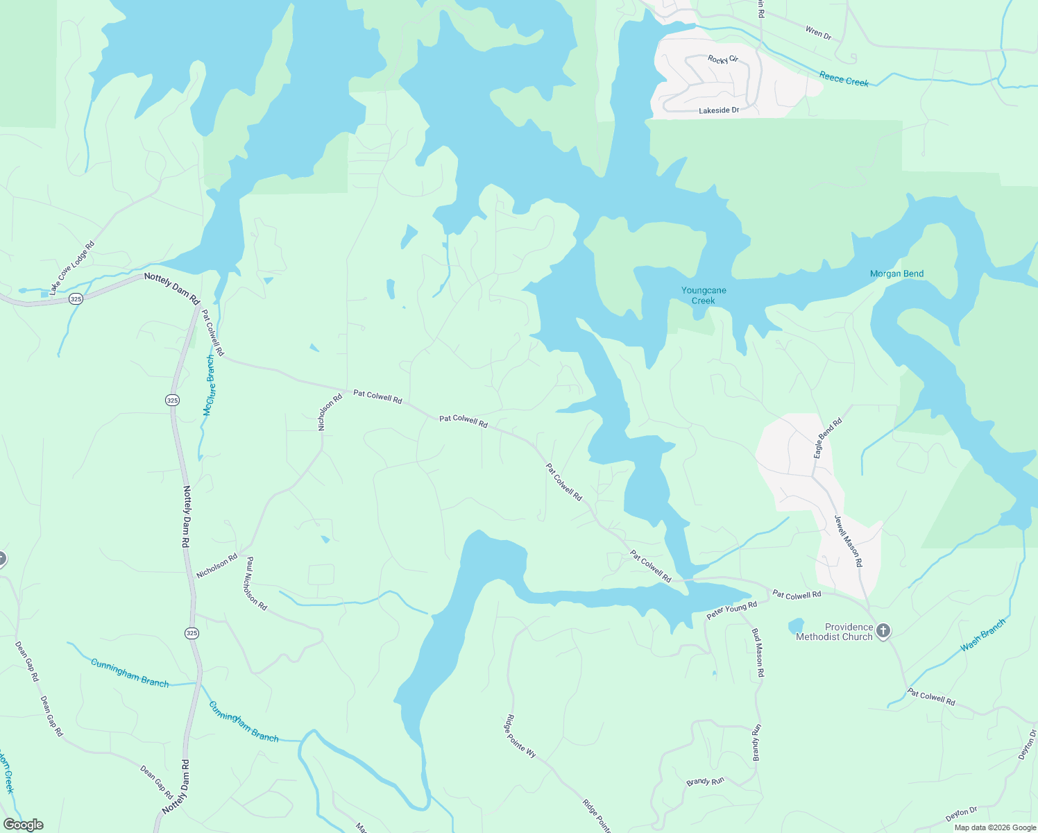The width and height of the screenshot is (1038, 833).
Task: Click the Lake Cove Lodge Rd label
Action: coord(71,267)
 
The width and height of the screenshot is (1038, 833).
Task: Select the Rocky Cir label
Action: coord(722,60)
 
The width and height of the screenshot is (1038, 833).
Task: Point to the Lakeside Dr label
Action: coord(719,110)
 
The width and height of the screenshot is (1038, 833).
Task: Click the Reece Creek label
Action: coord(844,79)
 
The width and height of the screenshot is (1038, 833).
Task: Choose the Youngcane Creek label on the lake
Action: coord(704,296)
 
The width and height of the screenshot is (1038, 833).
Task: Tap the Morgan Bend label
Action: coord(896,274)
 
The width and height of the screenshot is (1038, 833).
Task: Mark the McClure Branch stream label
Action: coord(210,385)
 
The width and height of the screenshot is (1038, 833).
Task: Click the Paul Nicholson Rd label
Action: coord(256,583)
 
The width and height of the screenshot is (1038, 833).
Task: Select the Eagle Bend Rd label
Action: coord(828,437)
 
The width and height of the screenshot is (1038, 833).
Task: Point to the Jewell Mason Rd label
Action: coord(848,541)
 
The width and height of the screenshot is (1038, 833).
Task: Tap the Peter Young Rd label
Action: coord(731,611)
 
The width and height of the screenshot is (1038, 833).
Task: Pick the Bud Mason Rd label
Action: coord(758,653)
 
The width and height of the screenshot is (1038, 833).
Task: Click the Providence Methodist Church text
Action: coord(834,632)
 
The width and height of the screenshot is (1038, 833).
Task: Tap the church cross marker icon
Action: coord(883,631)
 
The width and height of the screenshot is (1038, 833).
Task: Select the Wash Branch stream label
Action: coord(982,635)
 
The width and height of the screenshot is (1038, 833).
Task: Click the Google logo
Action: coord(24,825)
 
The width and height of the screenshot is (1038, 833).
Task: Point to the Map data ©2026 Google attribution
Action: coord(994,827)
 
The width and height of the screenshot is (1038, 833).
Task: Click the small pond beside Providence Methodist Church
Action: coord(796,626)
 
